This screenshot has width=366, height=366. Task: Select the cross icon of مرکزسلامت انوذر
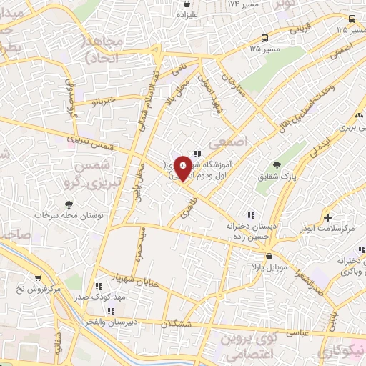(x=327, y=217)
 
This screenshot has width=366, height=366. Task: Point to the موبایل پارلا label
(x=268, y=267)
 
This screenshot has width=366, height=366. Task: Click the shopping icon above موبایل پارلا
(x=268, y=254)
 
